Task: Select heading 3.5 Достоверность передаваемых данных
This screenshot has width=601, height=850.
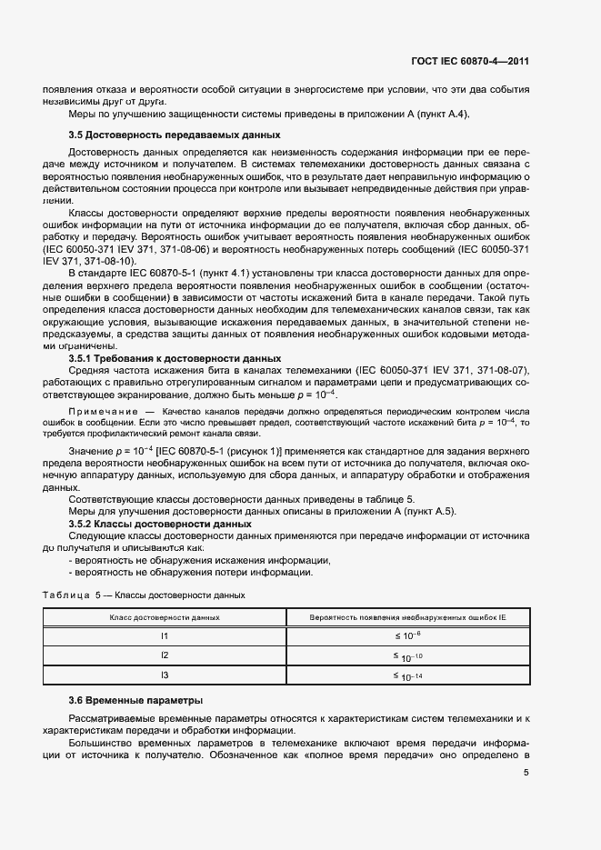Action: coord(152,135)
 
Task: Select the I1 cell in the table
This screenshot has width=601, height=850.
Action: coord(165,636)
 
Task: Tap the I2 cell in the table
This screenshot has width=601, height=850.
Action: coord(165,655)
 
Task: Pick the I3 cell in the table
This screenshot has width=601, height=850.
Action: coord(165,675)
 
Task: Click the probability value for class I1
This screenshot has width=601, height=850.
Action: coord(408,636)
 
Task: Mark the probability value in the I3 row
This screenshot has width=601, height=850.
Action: coord(408,675)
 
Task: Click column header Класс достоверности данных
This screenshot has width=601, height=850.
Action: coord(165,616)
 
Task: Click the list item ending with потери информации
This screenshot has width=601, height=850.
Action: coord(191,572)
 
